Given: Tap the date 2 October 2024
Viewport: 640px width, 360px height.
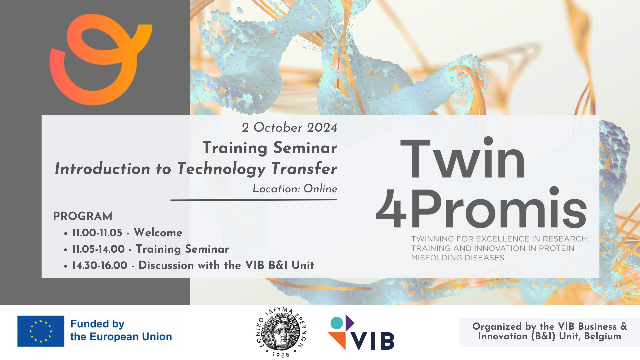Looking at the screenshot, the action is (289, 127).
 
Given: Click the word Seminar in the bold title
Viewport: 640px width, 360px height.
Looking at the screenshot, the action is (305, 148).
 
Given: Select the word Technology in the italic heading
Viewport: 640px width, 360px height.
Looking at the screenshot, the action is (221, 169).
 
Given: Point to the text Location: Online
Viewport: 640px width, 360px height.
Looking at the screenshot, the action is (295, 189).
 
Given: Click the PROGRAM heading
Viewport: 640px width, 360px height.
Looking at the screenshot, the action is (83, 216).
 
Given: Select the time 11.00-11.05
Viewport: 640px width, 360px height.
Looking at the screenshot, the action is (97, 233).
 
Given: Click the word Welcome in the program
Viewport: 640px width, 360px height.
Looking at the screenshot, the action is (158, 233).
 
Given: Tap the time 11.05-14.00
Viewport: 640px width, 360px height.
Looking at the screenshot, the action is (98, 249).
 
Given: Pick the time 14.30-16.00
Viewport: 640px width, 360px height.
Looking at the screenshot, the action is (100, 265).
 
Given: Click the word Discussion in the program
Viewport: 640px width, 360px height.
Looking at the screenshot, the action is (166, 265).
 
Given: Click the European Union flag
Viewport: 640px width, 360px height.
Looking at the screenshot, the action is (41, 331).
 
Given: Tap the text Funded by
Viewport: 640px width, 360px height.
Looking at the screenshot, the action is (97, 324).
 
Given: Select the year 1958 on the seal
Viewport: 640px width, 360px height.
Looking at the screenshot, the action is (281, 355).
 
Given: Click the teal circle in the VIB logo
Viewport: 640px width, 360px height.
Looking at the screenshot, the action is (337, 323).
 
